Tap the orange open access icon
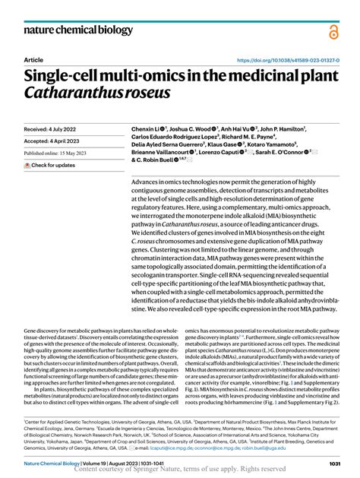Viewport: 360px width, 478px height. pos(333,31)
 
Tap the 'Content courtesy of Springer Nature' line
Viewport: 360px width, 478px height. pos(180,470)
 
